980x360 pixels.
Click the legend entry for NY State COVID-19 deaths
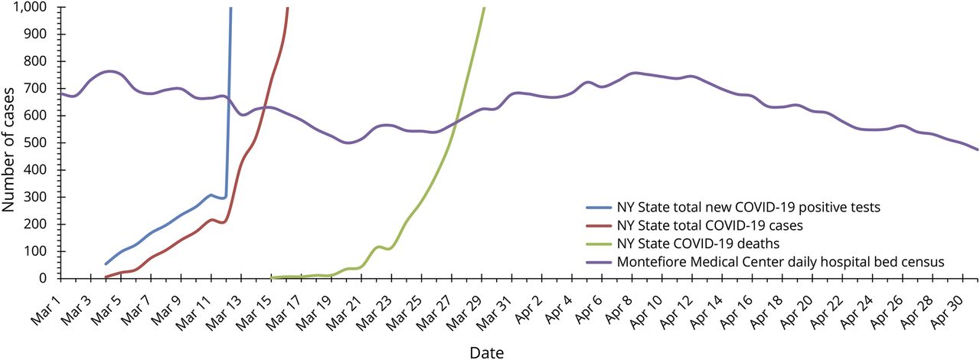[x=698, y=244]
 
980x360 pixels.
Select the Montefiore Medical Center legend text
[x=780, y=262]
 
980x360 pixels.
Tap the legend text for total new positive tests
[x=754, y=207]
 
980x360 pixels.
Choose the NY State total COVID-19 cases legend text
[x=723, y=225]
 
